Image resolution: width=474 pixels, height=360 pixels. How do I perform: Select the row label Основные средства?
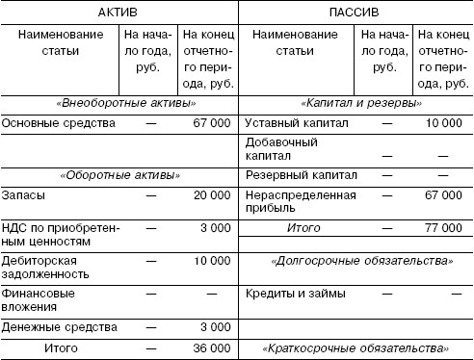click(59, 123)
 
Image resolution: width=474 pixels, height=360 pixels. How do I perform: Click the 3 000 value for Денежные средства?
click(213, 327)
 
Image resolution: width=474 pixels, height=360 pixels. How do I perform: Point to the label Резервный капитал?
click(302, 176)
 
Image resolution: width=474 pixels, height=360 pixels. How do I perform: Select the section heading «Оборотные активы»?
click(118, 175)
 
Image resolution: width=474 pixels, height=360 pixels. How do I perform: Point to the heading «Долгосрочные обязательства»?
click(362, 260)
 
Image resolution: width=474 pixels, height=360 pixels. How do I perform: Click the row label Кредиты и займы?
click(292, 293)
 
